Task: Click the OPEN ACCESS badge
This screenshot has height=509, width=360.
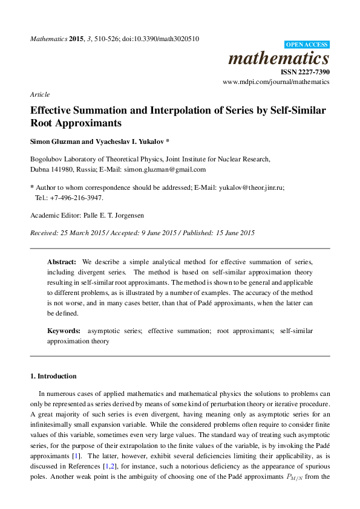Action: [x=307, y=45]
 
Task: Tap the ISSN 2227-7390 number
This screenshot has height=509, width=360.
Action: [x=305, y=72]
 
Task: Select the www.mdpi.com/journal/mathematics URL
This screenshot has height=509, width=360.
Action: [x=276, y=82]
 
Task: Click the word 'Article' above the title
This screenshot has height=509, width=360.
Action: [x=39, y=94]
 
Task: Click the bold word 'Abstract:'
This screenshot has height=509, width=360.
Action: [x=62, y=262]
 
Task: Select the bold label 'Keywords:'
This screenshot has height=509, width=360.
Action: [x=64, y=331]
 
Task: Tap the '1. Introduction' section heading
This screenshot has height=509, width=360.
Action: [x=53, y=376]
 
